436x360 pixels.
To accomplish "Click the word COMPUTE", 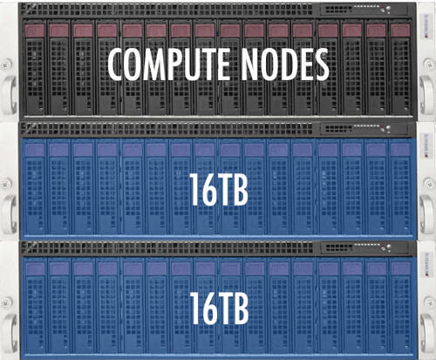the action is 168,64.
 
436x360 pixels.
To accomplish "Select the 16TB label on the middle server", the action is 219,189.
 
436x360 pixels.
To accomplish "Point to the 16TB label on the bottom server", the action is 219,308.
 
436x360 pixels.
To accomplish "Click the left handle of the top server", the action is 9,94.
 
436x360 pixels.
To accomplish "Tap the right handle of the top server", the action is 426,94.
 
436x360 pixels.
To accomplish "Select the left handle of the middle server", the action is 9,214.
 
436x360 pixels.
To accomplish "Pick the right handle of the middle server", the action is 426,214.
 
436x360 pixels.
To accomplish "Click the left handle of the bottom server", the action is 9,332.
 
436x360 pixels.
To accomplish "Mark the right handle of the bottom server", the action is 426,332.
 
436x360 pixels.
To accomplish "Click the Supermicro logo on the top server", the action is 426,27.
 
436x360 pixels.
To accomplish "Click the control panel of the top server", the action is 364,10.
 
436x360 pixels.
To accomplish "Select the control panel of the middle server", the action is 364,128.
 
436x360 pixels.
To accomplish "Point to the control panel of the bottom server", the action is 364,248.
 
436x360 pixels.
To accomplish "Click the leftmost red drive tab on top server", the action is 35,31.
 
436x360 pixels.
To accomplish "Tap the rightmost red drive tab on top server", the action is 400,31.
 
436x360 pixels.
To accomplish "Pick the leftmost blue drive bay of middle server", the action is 35,187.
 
